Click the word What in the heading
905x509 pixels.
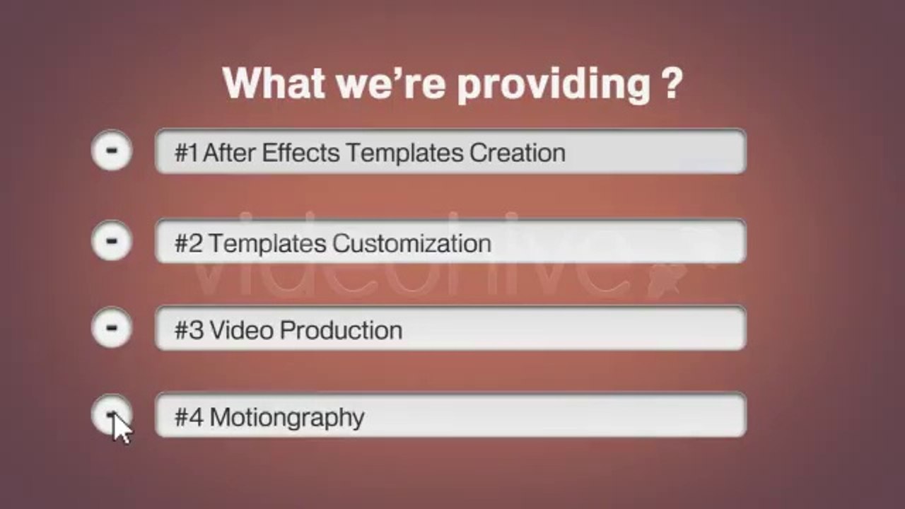pos(274,83)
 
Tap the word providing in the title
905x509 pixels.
pos(554,85)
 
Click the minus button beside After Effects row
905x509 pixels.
pos(112,151)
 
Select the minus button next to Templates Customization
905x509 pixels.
pos(112,241)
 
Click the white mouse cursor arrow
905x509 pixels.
pos(122,428)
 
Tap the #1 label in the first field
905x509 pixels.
pos(186,153)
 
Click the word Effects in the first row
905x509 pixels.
pos(301,153)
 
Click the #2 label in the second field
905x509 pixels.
pos(189,243)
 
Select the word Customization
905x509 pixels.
pos(411,243)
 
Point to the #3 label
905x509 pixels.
pos(189,330)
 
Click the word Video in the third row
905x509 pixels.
pos(241,330)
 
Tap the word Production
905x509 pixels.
pos(341,330)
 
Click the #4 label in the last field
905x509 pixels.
pos(189,417)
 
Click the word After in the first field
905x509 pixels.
pos(229,153)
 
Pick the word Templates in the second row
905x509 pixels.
pos(267,244)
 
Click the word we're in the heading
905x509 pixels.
pos(391,83)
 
